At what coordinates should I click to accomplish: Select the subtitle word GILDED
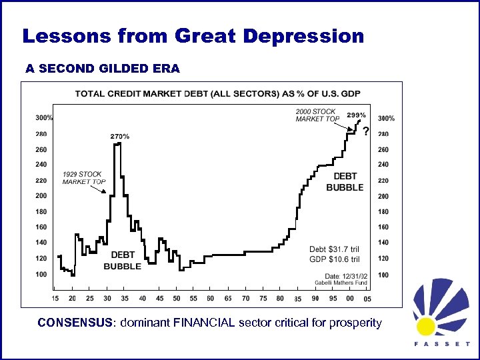click(107, 69)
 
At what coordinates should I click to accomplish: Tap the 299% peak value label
click(356, 115)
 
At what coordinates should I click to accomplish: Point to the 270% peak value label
click(119, 137)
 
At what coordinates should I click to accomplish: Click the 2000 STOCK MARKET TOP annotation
click(317, 115)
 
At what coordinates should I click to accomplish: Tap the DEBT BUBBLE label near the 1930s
click(122, 261)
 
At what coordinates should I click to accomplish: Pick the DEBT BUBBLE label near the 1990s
click(345, 182)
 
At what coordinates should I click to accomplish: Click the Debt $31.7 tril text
click(334, 250)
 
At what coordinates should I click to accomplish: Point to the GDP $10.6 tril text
click(334, 259)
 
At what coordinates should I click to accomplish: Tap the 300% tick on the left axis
click(45, 118)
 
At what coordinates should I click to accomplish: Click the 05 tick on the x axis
click(367, 298)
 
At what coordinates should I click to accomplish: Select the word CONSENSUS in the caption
click(75, 323)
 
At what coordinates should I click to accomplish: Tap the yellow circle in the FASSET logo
click(426, 326)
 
